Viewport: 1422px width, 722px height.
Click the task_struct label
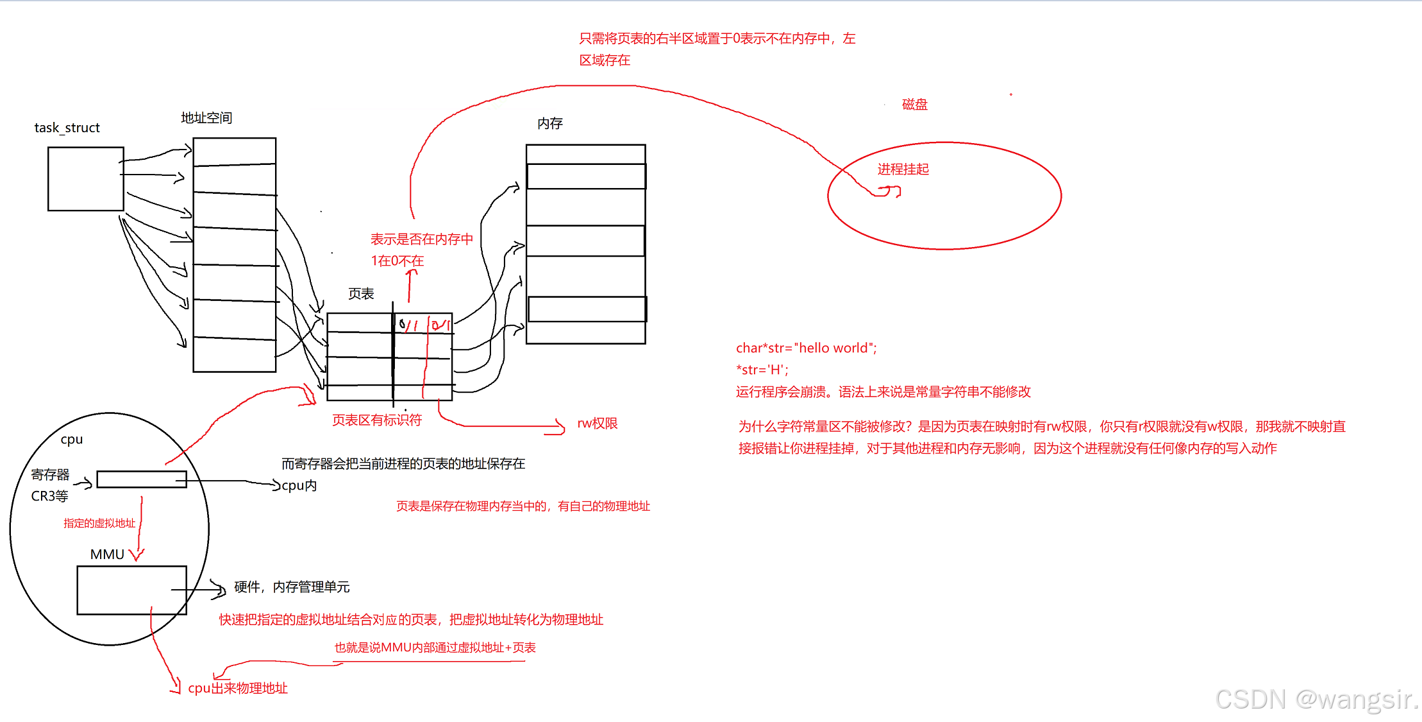(x=67, y=128)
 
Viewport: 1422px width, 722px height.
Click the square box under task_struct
(x=86, y=179)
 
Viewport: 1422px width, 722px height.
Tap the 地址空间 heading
(x=206, y=118)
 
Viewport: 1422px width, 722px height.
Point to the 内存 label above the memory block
(x=550, y=123)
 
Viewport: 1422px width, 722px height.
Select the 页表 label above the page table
(x=361, y=294)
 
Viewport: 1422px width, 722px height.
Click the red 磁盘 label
(x=915, y=105)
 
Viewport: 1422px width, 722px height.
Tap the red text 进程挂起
(x=903, y=169)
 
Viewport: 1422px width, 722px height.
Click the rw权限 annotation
(x=597, y=424)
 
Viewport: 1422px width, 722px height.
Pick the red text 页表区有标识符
(x=377, y=420)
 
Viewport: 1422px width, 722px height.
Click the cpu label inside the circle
(x=72, y=440)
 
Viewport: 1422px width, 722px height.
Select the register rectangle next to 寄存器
(x=142, y=479)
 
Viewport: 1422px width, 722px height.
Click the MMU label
(x=107, y=554)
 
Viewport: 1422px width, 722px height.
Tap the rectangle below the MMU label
(x=131, y=590)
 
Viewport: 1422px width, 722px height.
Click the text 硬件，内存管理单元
(x=292, y=587)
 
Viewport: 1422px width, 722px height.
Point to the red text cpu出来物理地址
(x=238, y=689)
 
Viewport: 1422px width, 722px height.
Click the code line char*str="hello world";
(x=806, y=348)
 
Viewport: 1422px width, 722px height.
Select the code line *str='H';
(x=762, y=370)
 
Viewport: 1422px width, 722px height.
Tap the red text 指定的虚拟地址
(x=99, y=524)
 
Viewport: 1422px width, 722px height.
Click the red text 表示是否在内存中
(x=422, y=239)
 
